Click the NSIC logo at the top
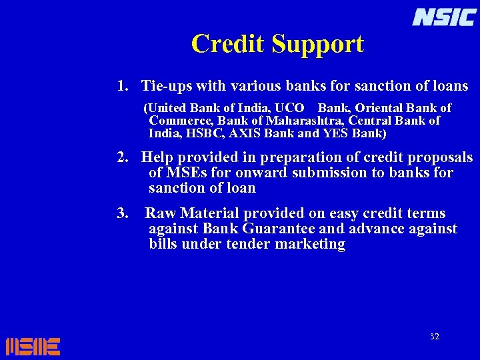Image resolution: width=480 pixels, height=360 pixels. point(443,17)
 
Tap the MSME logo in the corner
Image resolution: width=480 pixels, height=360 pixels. point(33,346)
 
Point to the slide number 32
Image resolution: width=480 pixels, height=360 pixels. point(434,337)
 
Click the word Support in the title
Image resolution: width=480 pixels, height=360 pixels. point(318,45)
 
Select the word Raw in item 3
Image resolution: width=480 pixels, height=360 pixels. point(159,214)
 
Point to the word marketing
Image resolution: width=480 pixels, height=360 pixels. point(313,245)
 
